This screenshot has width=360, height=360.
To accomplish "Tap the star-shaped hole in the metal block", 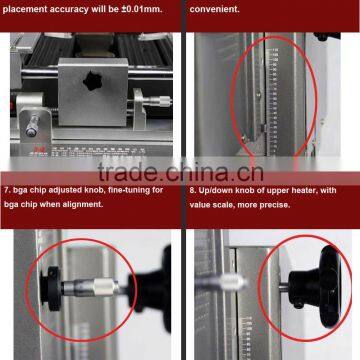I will (99, 79).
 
